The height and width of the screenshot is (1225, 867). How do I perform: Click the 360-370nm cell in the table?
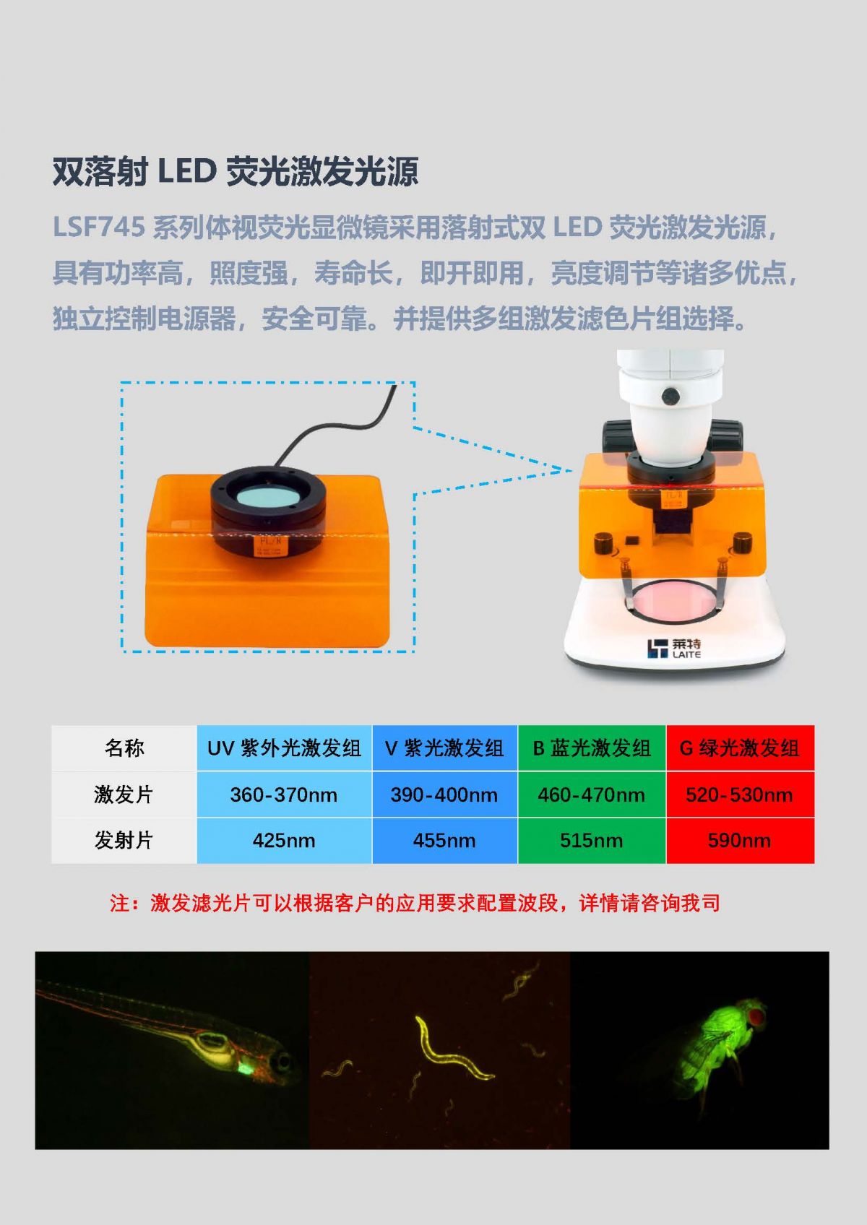pos(284,794)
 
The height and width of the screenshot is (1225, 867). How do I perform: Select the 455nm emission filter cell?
pos(444,841)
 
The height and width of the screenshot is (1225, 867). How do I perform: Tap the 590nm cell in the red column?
pos(740,841)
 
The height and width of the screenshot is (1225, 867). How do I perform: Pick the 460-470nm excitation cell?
pos(591,794)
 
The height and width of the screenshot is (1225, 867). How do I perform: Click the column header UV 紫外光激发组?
pos(284,748)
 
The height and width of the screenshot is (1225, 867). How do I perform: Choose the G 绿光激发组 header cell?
pos(740,748)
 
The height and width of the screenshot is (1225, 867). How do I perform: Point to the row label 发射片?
pos(123,841)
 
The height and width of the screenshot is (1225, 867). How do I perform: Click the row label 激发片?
pos(123,794)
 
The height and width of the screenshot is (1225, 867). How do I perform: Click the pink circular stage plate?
pos(675,599)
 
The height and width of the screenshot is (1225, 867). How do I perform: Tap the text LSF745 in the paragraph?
pos(99,227)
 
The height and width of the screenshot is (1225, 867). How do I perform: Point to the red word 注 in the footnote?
pos(120,903)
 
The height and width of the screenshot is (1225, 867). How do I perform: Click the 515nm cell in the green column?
pos(591,841)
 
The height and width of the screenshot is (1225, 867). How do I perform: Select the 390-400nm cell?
pos(444,794)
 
